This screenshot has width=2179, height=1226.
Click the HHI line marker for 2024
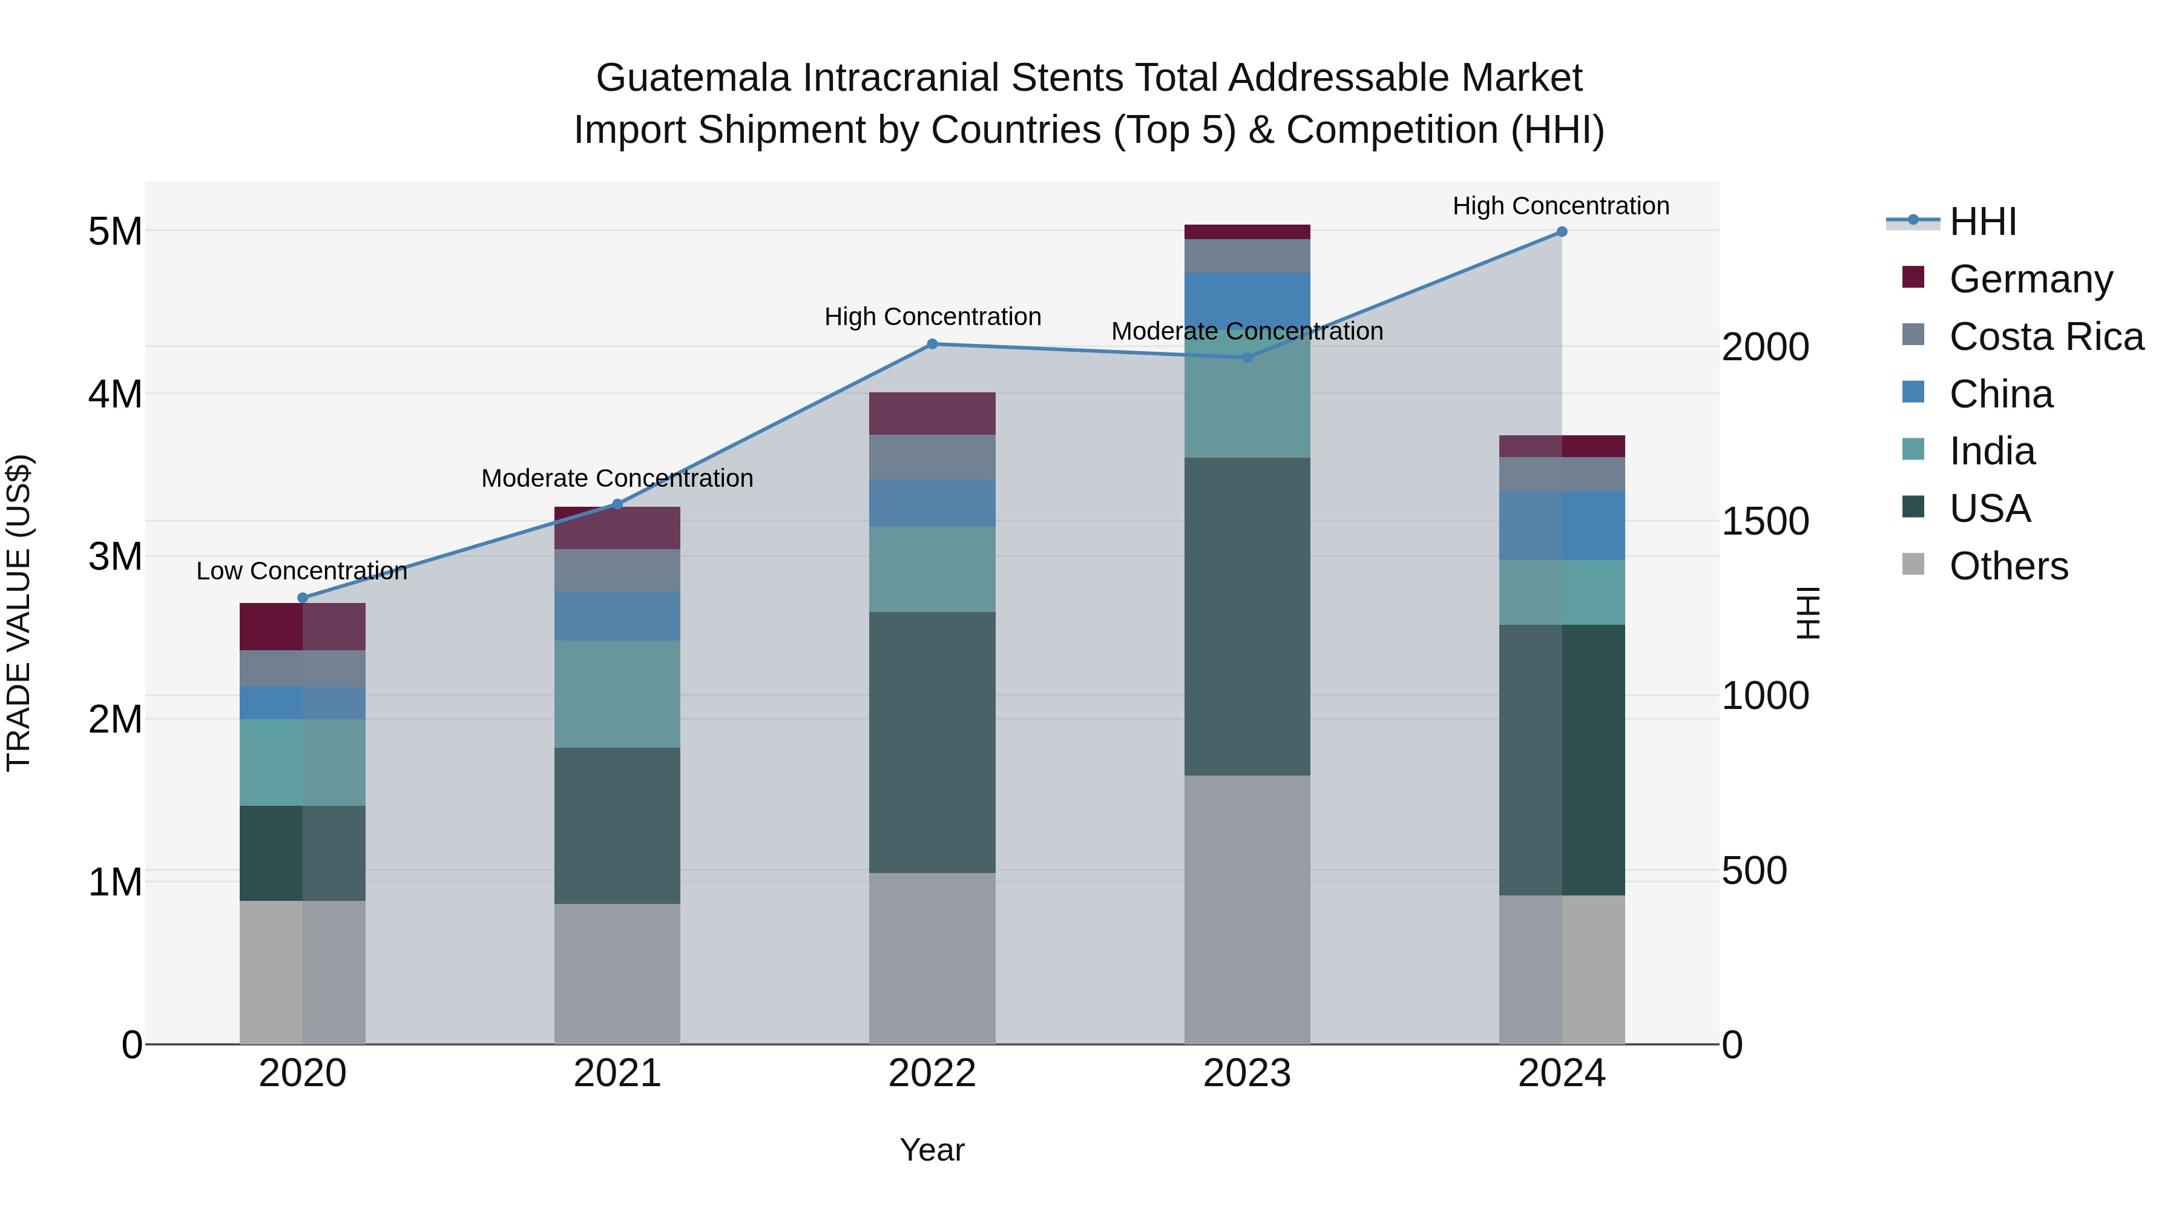pos(1562,232)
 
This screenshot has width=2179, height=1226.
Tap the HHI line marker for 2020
pos(303,598)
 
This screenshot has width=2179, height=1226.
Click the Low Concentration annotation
pos(302,571)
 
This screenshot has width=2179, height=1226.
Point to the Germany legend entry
pos(2030,279)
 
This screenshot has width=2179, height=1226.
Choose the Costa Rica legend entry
pos(2045,337)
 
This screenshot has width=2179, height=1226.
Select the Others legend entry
pos(2008,566)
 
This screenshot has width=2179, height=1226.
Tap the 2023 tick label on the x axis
pos(1247,1073)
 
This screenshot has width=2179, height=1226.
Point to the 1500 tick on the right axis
pos(1766,521)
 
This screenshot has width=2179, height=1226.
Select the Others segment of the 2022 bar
pos(932,958)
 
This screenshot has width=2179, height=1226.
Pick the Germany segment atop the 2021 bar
pos(617,528)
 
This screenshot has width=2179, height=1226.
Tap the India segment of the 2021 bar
pos(617,694)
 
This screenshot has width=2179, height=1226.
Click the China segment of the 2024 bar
pos(1562,526)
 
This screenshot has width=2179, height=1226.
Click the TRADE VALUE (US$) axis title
pos(19,613)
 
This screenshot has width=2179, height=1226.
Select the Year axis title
pos(932,1150)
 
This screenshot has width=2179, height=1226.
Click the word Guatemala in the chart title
pos(693,78)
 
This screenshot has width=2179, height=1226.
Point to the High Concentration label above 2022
pos(932,317)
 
